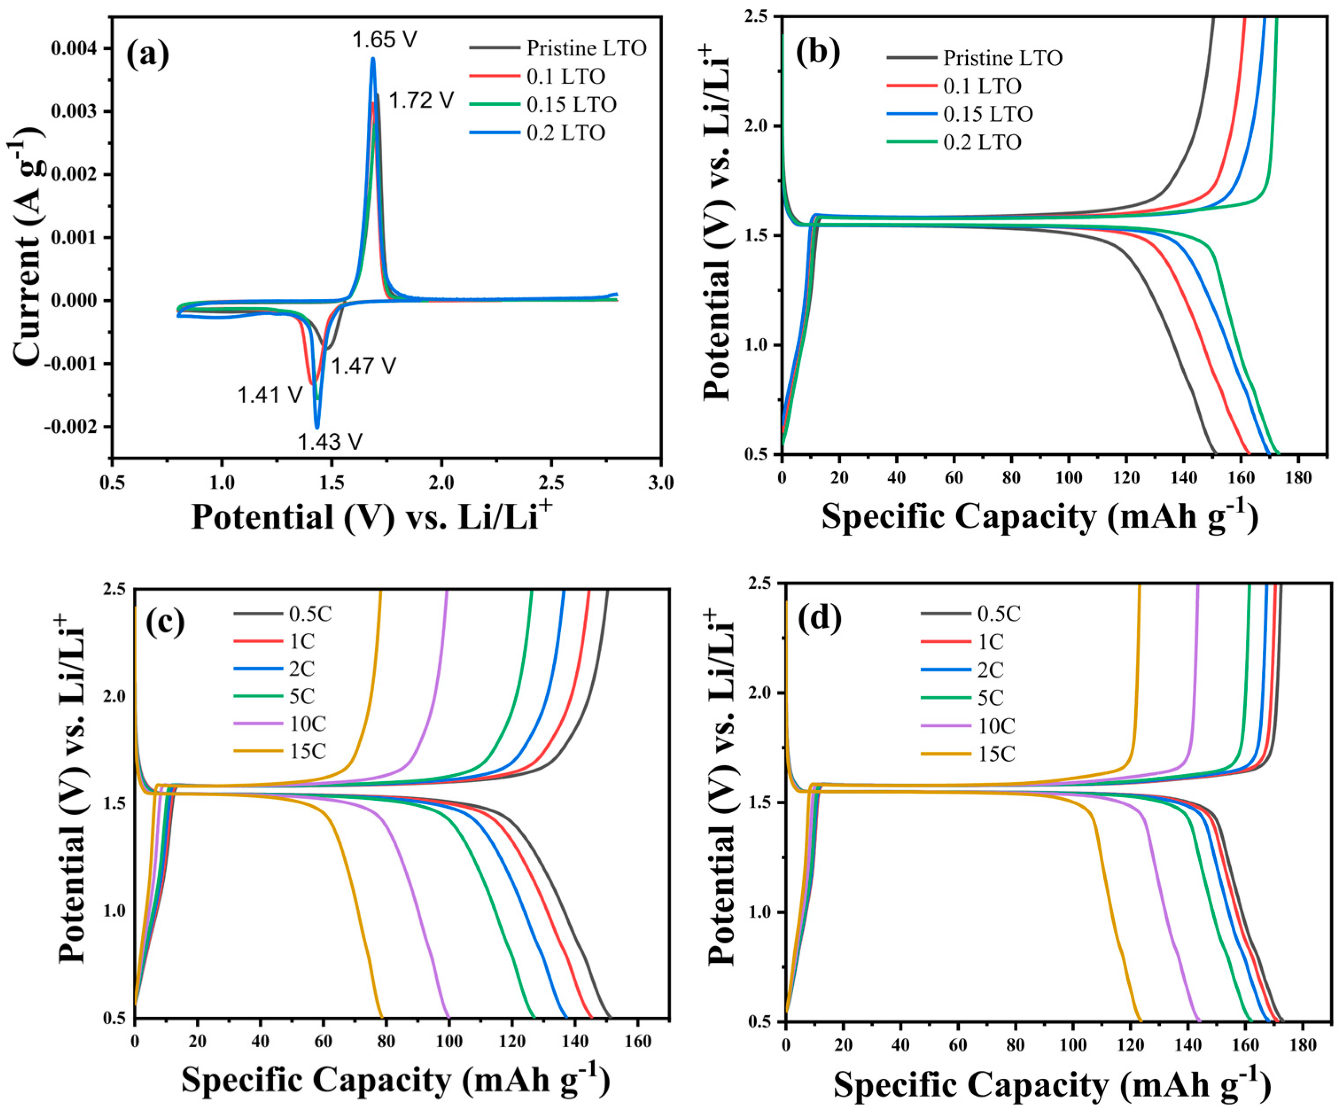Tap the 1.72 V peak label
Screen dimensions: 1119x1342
[421, 100]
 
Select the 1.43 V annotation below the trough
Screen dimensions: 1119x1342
[330, 441]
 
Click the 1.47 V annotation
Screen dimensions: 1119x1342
[363, 366]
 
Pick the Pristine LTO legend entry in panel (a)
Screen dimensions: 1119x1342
[586, 48]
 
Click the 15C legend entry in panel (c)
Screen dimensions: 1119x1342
[307, 751]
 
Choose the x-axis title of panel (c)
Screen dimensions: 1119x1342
[396, 1080]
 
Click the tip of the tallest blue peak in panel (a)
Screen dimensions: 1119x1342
[372, 59]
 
